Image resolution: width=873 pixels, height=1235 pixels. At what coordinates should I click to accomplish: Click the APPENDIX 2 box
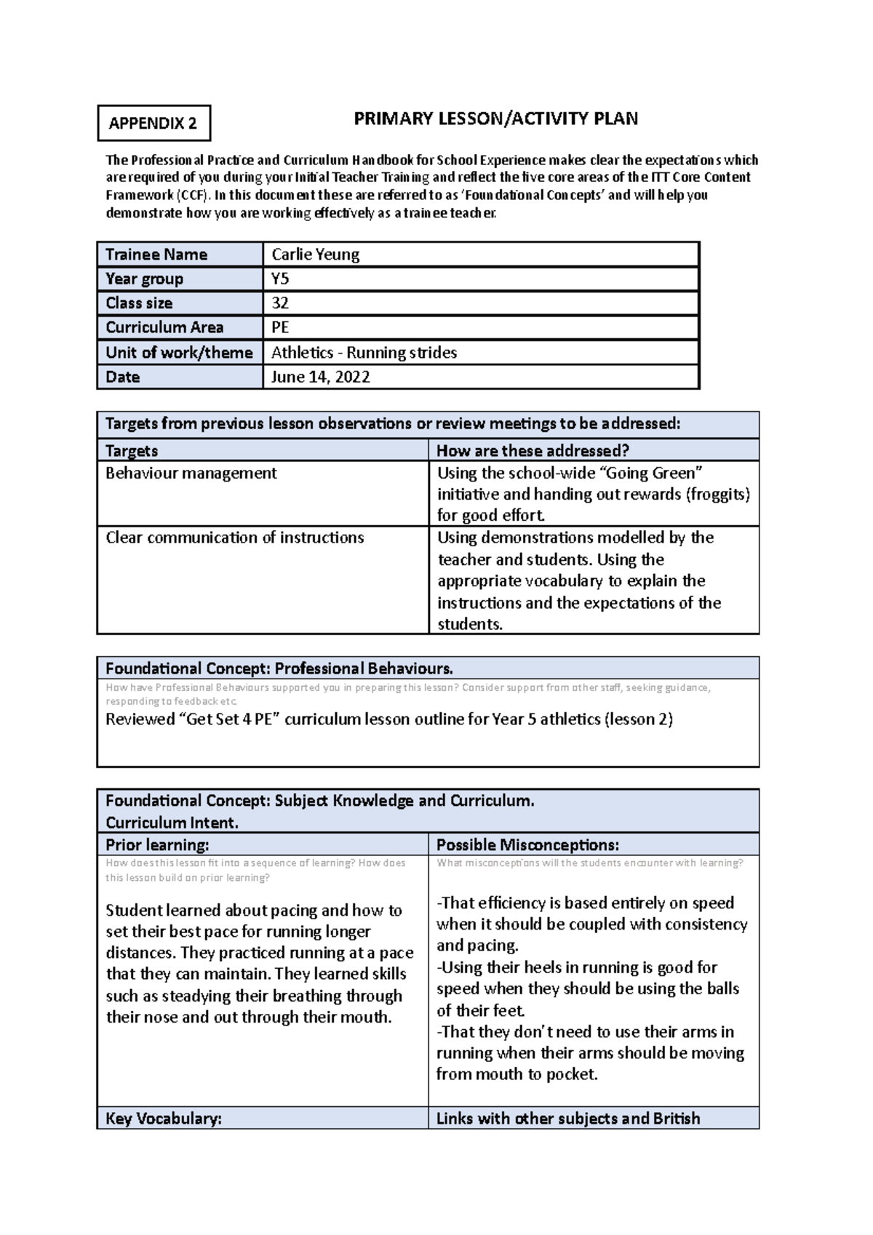(154, 123)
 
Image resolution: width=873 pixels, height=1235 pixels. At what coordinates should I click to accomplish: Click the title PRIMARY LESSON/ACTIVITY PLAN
(495, 119)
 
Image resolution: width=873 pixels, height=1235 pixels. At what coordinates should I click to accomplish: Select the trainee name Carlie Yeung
(315, 255)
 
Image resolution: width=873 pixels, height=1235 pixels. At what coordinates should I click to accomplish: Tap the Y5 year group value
(280, 279)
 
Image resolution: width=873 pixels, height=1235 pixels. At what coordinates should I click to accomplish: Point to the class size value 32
(280, 303)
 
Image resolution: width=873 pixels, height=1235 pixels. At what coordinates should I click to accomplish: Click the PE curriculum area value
(280, 327)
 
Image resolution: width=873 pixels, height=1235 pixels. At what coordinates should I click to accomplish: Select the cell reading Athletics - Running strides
(364, 353)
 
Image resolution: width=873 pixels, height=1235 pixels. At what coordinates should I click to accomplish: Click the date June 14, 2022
(320, 377)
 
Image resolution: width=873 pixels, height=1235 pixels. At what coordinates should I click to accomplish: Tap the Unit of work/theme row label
(179, 353)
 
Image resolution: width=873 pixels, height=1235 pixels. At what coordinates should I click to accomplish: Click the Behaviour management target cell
(191, 473)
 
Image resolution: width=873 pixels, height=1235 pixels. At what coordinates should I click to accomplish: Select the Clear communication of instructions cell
(234, 537)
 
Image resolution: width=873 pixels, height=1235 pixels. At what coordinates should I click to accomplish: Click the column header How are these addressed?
(533, 450)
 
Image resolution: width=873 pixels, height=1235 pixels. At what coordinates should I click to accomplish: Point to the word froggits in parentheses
(717, 495)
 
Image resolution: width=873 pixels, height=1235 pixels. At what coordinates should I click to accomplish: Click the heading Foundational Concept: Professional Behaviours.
(279, 668)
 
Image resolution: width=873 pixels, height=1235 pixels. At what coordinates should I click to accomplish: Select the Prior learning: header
(157, 845)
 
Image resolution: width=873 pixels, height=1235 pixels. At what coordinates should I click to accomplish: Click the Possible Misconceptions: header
(527, 845)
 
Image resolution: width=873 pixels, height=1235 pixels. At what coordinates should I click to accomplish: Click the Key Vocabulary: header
(163, 1119)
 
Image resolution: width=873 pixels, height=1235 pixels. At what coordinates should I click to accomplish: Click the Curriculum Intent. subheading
(172, 823)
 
